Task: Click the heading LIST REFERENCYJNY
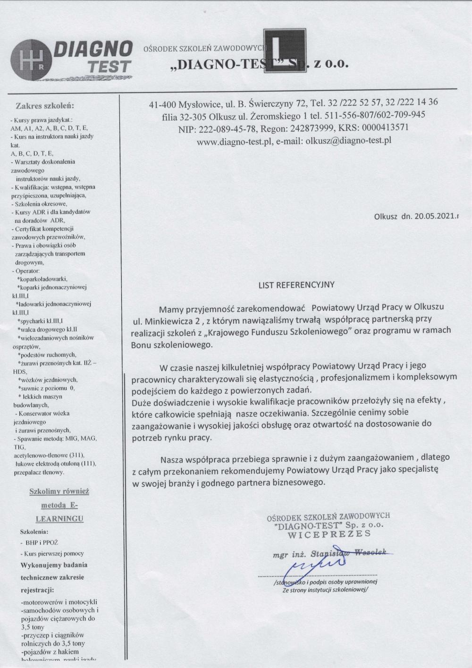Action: (296, 285)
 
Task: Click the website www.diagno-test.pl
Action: (232, 140)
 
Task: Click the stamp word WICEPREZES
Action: (329, 534)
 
